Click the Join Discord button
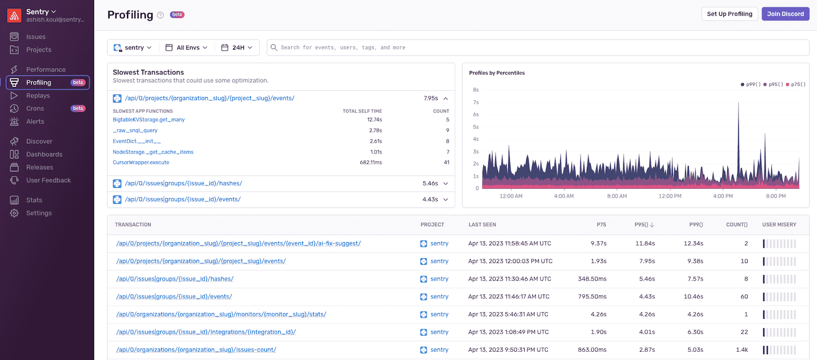(x=785, y=14)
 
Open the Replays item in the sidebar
(x=37, y=96)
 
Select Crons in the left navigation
(x=35, y=108)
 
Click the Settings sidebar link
(x=39, y=213)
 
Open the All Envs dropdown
(x=187, y=48)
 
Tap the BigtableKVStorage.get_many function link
(x=149, y=119)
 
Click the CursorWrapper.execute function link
(x=141, y=162)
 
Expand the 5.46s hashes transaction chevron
(x=445, y=183)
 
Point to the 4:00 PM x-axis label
(x=722, y=196)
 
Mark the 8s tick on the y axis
(x=476, y=90)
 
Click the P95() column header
(x=644, y=225)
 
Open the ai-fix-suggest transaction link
(x=238, y=243)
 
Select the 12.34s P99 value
(x=693, y=243)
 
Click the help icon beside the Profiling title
(x=160, y=15)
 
